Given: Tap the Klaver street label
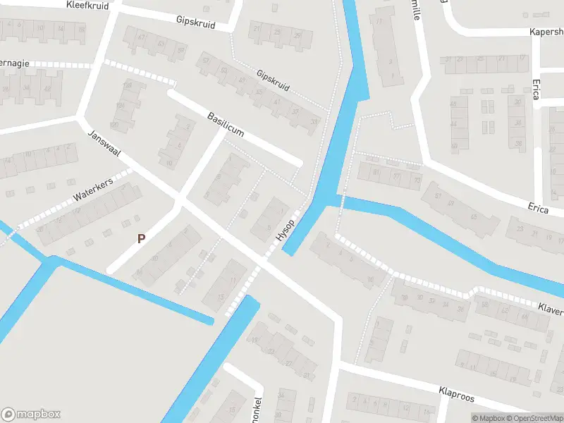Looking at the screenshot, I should click(550, 309).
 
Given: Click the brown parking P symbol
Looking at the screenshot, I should click(141, 238).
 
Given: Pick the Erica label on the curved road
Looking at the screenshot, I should click(538, 207).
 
